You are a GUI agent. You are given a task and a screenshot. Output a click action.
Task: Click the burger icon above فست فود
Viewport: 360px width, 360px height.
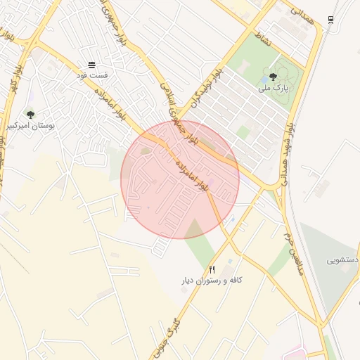click(x=91, y=65)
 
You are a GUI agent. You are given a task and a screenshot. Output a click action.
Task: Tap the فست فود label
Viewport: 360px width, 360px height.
click(x=91, y=75)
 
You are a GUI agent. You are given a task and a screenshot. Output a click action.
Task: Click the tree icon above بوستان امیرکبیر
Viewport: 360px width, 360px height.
click(x=30, y=114)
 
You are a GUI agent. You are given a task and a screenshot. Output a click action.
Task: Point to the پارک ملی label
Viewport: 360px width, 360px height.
click(x=274, y=87)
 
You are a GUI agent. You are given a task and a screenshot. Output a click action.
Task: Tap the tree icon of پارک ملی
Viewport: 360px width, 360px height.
click(x=273, y=76)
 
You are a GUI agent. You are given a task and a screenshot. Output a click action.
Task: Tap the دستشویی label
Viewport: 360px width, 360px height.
click(x=342, y=259)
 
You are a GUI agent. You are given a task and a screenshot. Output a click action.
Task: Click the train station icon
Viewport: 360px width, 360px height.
click(x=330, y=20)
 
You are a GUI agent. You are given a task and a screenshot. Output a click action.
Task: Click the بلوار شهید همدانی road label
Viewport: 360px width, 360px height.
click(x=288, y=150)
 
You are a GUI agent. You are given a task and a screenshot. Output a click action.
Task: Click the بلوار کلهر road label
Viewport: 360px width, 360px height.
click(x=12, y=79)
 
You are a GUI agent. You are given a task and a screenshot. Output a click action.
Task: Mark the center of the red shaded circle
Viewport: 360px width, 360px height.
click(x=180, y=179)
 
